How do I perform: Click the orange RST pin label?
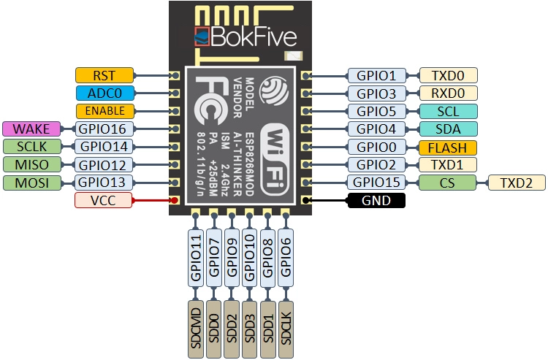(105, 74)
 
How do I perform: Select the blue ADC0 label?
(105, 93)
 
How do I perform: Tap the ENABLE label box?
(105, 111)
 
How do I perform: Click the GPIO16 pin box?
(105, 129)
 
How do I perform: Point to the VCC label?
(105, 200)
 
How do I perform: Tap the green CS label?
(448, 183)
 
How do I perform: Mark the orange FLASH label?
(448, 147)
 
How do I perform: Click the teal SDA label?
(448, 129)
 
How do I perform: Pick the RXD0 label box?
(448, 93)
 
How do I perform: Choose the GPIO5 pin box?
(376, 111)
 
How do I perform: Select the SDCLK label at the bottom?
(286, 328)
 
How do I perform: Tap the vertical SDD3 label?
(250, 328)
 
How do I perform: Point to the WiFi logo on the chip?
(278, 153)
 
